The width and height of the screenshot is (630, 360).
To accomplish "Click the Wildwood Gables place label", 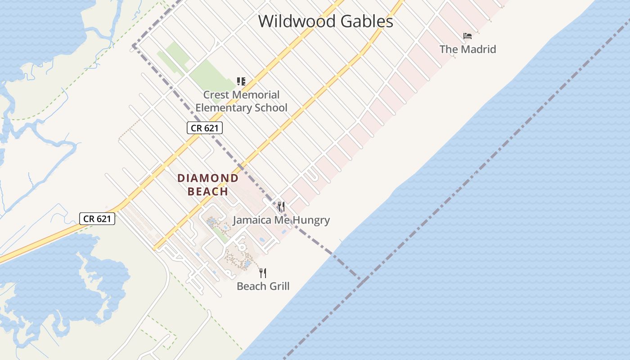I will (325, 21).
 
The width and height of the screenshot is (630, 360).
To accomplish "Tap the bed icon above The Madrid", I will (468, 36).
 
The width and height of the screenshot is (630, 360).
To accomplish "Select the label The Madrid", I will (468, 49).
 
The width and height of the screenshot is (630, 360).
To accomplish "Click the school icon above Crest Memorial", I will (241, 81).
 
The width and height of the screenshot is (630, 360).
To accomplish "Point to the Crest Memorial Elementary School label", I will (241, 101).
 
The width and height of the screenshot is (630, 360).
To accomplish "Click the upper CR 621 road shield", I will (205, 128).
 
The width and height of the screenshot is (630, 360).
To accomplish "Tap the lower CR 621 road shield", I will (97, 219).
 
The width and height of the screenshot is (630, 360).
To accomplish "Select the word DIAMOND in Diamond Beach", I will (208, 178).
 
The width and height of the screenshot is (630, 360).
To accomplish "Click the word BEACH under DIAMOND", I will (208, 192).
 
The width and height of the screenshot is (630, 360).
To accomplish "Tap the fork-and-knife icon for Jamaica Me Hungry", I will (281, 207).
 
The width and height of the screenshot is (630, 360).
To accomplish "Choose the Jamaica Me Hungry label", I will (281, 220).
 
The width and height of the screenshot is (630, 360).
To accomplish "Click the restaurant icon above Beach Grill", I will (263, 273).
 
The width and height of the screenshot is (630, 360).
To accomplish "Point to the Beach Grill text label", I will (263, 286).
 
